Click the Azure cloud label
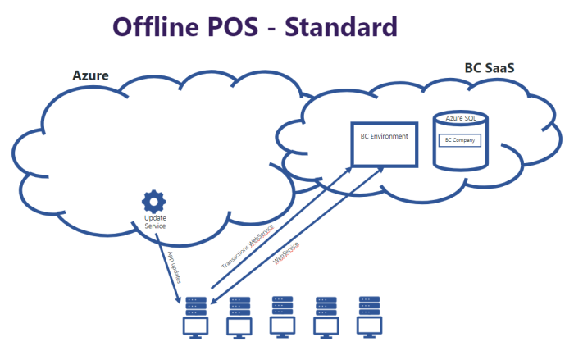(91, 75)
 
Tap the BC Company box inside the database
(460, 140)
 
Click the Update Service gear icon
(153, 201)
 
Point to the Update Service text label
(155, 221)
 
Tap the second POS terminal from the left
(239, 316)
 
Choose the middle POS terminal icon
(282, 316)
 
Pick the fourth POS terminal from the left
(326, 316)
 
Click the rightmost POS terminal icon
(368, 316)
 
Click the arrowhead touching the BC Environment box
(348, 168)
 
